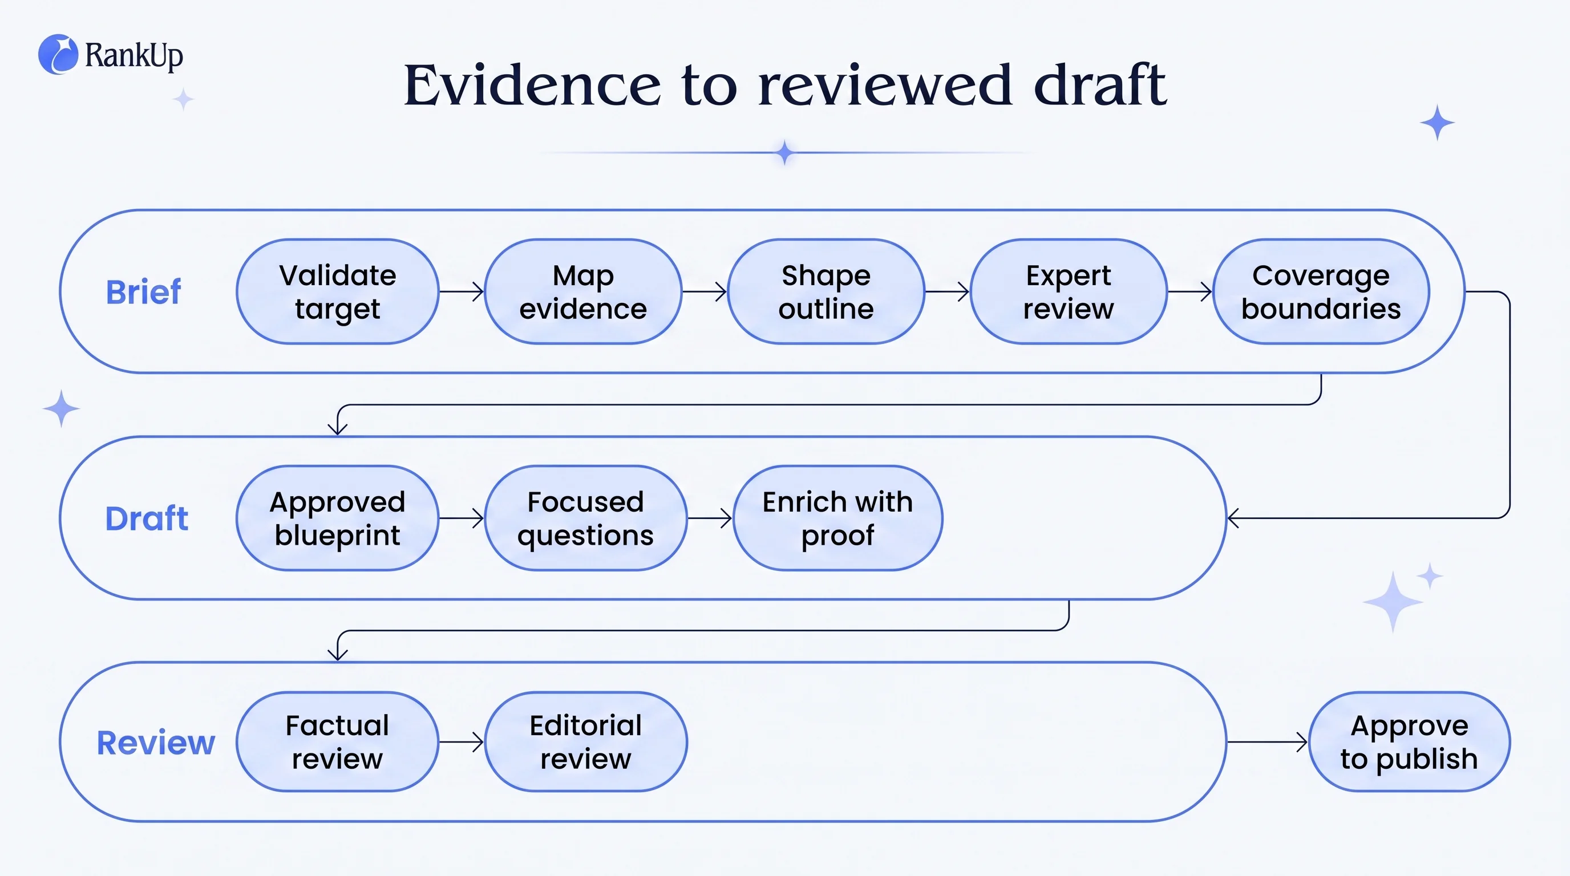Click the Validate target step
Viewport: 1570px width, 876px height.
(x=338, y=292)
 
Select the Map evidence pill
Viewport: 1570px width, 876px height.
(x=583, y=292)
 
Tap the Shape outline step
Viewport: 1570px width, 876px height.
(x=826, y=292)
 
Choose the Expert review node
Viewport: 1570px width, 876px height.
(x=1069, y=292)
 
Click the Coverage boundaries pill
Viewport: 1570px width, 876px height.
(x=1321, y=292)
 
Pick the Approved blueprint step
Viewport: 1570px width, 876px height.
(x=338, y=518)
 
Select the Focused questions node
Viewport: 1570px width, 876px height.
(x=586, y=518)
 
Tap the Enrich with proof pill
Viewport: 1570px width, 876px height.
(x=838, y=518)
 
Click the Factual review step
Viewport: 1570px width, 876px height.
(x=338, y=742)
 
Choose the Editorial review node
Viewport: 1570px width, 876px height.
(x=586, y=742)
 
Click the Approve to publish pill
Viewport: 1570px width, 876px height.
(x=1409, y=742)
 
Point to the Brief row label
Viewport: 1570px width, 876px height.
(x=143, y=292)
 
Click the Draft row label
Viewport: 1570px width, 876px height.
(x=146, y=518)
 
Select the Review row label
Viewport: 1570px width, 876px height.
(x=156, y=743)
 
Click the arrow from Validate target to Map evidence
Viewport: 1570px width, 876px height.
(x=462, y=292)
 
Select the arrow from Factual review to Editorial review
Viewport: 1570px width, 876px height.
(x=462, y=742)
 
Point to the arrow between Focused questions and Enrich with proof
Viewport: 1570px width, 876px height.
(x=710, y=518)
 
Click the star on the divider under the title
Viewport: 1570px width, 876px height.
(x=785, y=152)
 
